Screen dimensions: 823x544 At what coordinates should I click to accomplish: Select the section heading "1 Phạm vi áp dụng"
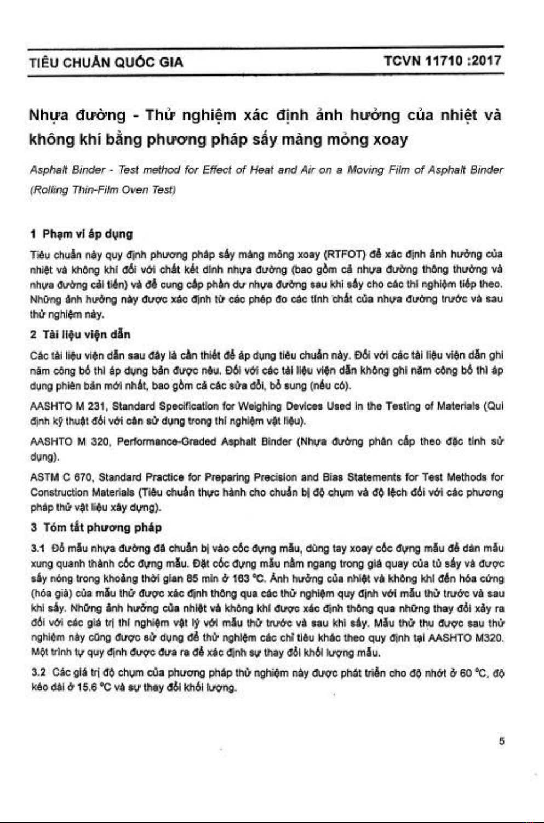click(x=82, y=234)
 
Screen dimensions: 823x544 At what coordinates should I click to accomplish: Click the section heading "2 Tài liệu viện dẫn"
click(x=81, y=335)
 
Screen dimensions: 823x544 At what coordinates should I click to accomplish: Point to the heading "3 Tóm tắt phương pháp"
click(x=96, y=527)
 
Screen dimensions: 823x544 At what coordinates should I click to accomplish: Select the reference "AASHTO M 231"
click(x=64, y=406)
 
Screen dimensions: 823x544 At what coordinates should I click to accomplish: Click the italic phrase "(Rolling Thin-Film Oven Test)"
click(x=102, y=190)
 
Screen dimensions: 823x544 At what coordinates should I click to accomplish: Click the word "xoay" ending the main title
click(x=390, y=140)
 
